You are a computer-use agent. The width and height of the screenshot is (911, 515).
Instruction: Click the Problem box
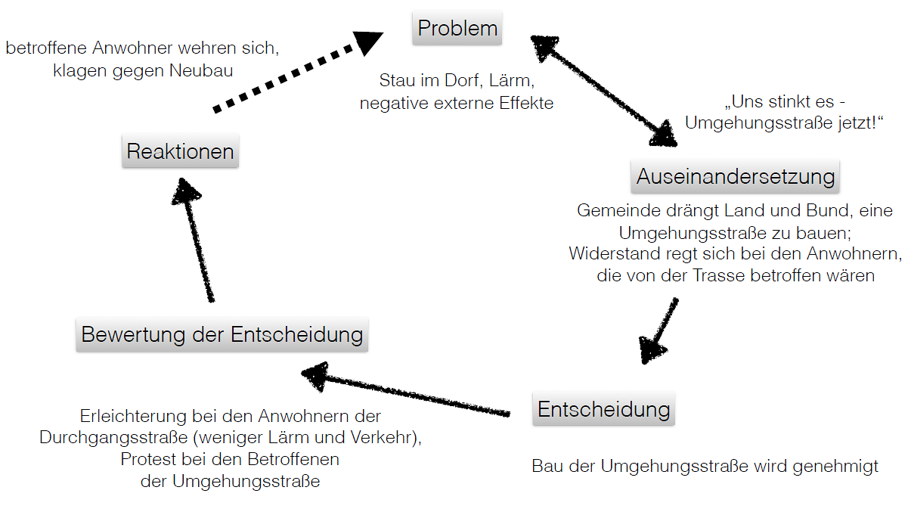pos(457,29)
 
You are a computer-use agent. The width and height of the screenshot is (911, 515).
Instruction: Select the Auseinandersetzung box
pos(735,177)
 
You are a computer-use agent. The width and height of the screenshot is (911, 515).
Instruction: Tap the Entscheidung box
pos(603,410)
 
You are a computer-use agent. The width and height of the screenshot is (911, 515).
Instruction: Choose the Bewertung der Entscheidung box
pos(222,334)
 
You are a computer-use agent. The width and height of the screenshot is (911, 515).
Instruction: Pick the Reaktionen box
pos(180,151)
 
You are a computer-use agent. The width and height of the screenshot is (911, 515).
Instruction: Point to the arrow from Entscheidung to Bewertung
pos(408,392)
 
